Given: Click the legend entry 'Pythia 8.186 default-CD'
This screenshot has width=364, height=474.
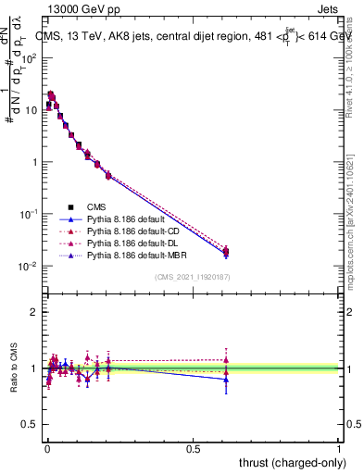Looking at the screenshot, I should pos(138,231).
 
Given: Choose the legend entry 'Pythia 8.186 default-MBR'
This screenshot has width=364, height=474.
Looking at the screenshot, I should pos(140,254).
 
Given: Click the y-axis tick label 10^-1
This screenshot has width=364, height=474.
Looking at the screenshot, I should pos(29,214).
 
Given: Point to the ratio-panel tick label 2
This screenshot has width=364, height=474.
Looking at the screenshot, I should pos(34,312).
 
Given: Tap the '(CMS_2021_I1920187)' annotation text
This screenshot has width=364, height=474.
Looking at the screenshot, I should pos(193,277).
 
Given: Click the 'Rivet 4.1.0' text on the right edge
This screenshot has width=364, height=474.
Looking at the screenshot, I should pos(355,65).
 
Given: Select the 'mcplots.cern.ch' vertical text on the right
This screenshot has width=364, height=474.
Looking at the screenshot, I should pos(355,231).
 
